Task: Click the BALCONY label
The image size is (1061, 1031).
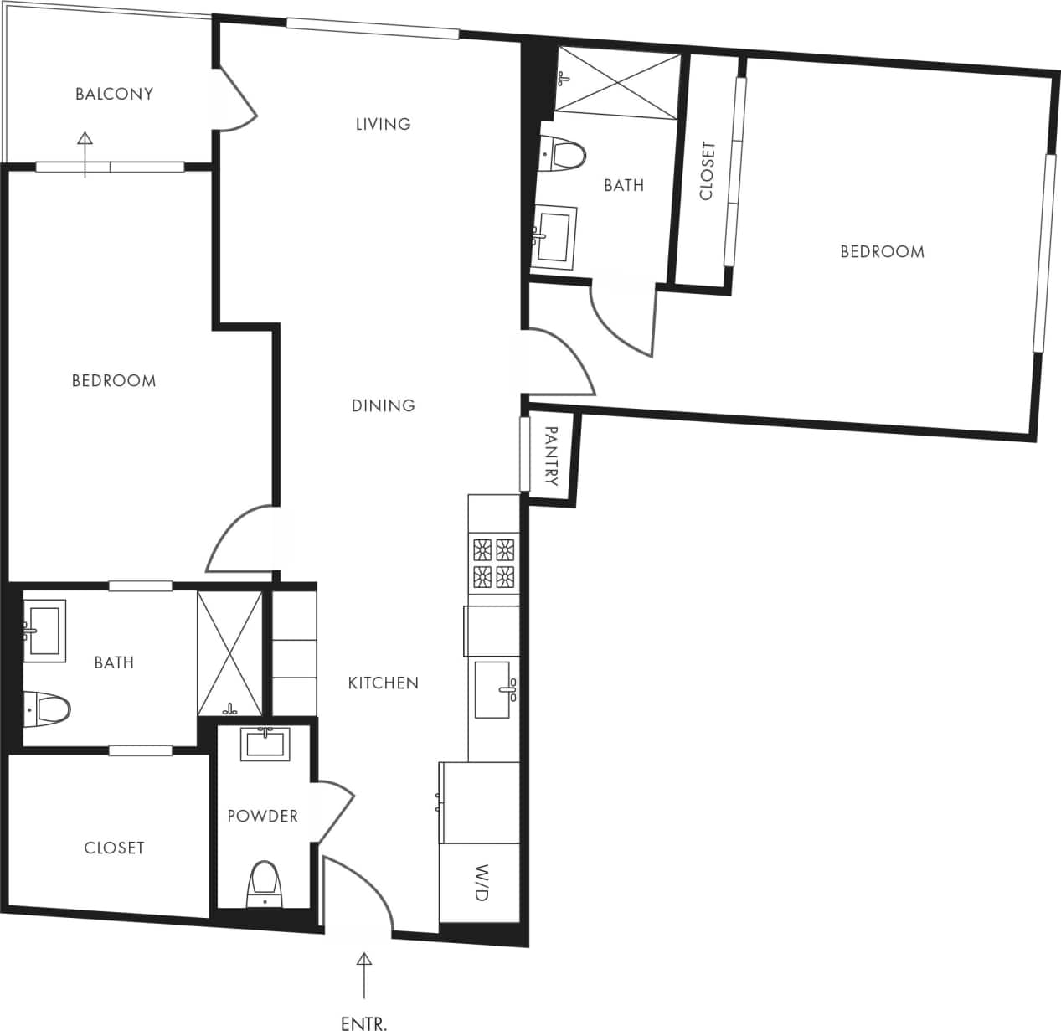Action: pyautogui.click(x=114, y=94)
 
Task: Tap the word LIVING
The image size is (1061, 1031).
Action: pyautogui.click(x=383, y=124)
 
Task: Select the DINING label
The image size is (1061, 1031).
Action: pyautogui.click(x=383, y=405)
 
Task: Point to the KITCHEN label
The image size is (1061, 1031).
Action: pyautogui.click(x=383, y=683)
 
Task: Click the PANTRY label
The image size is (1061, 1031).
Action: pyautogui.click(x=551, y=456)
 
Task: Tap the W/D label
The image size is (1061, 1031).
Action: pyautogui.click(x=481, y=883)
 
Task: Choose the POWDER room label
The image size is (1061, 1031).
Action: pyautogui.click(x=262, y=816)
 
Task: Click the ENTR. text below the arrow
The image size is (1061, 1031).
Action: pyautogui.click(x=364, y=1023)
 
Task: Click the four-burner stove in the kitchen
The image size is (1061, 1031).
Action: pyautogui.click(x=493, y=562)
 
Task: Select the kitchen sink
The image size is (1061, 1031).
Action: pyautogui.click(x=493, y=689)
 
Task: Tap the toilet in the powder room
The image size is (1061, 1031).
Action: pyautogui.click(x=265, y=883)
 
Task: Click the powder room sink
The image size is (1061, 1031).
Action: pyautogui.click(x=265, y=744)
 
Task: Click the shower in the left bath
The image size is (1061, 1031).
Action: pyautogui.click(x=229, y=653)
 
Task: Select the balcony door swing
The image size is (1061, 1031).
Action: pyautogui.click(x=238, y=101)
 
